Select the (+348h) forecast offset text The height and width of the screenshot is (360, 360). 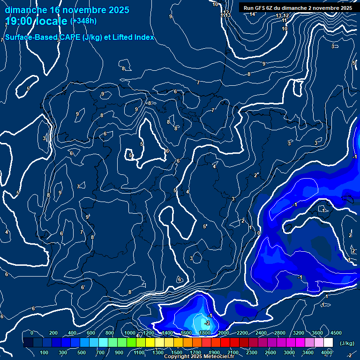83,21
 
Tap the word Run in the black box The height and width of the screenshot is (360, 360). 249,8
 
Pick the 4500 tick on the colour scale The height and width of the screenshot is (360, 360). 336,333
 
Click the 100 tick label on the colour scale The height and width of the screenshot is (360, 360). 44,352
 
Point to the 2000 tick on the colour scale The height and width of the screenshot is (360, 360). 223,333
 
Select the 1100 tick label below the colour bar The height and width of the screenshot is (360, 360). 139,352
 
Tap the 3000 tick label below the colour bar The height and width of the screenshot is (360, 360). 289,352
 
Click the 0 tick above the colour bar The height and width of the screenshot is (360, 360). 32,333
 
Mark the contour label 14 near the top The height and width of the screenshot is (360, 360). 253,14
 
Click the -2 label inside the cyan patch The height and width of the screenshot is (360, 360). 207,323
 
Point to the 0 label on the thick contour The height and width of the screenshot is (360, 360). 258,232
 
